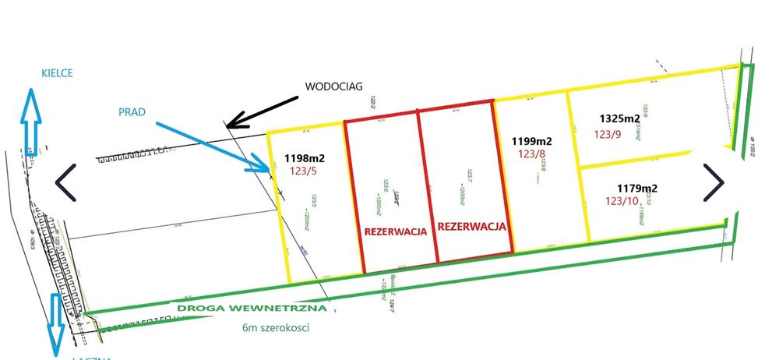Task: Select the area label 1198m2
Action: (x=305, y=157)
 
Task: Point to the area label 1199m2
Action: (x=531, y=141)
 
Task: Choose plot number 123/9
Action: (x=608, y=133)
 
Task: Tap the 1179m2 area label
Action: (x=637, y=188)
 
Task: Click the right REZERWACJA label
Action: (x=472, y=227)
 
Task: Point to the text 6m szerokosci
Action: (x=276, y=327)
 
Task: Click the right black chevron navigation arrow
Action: (x=714, y=181)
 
